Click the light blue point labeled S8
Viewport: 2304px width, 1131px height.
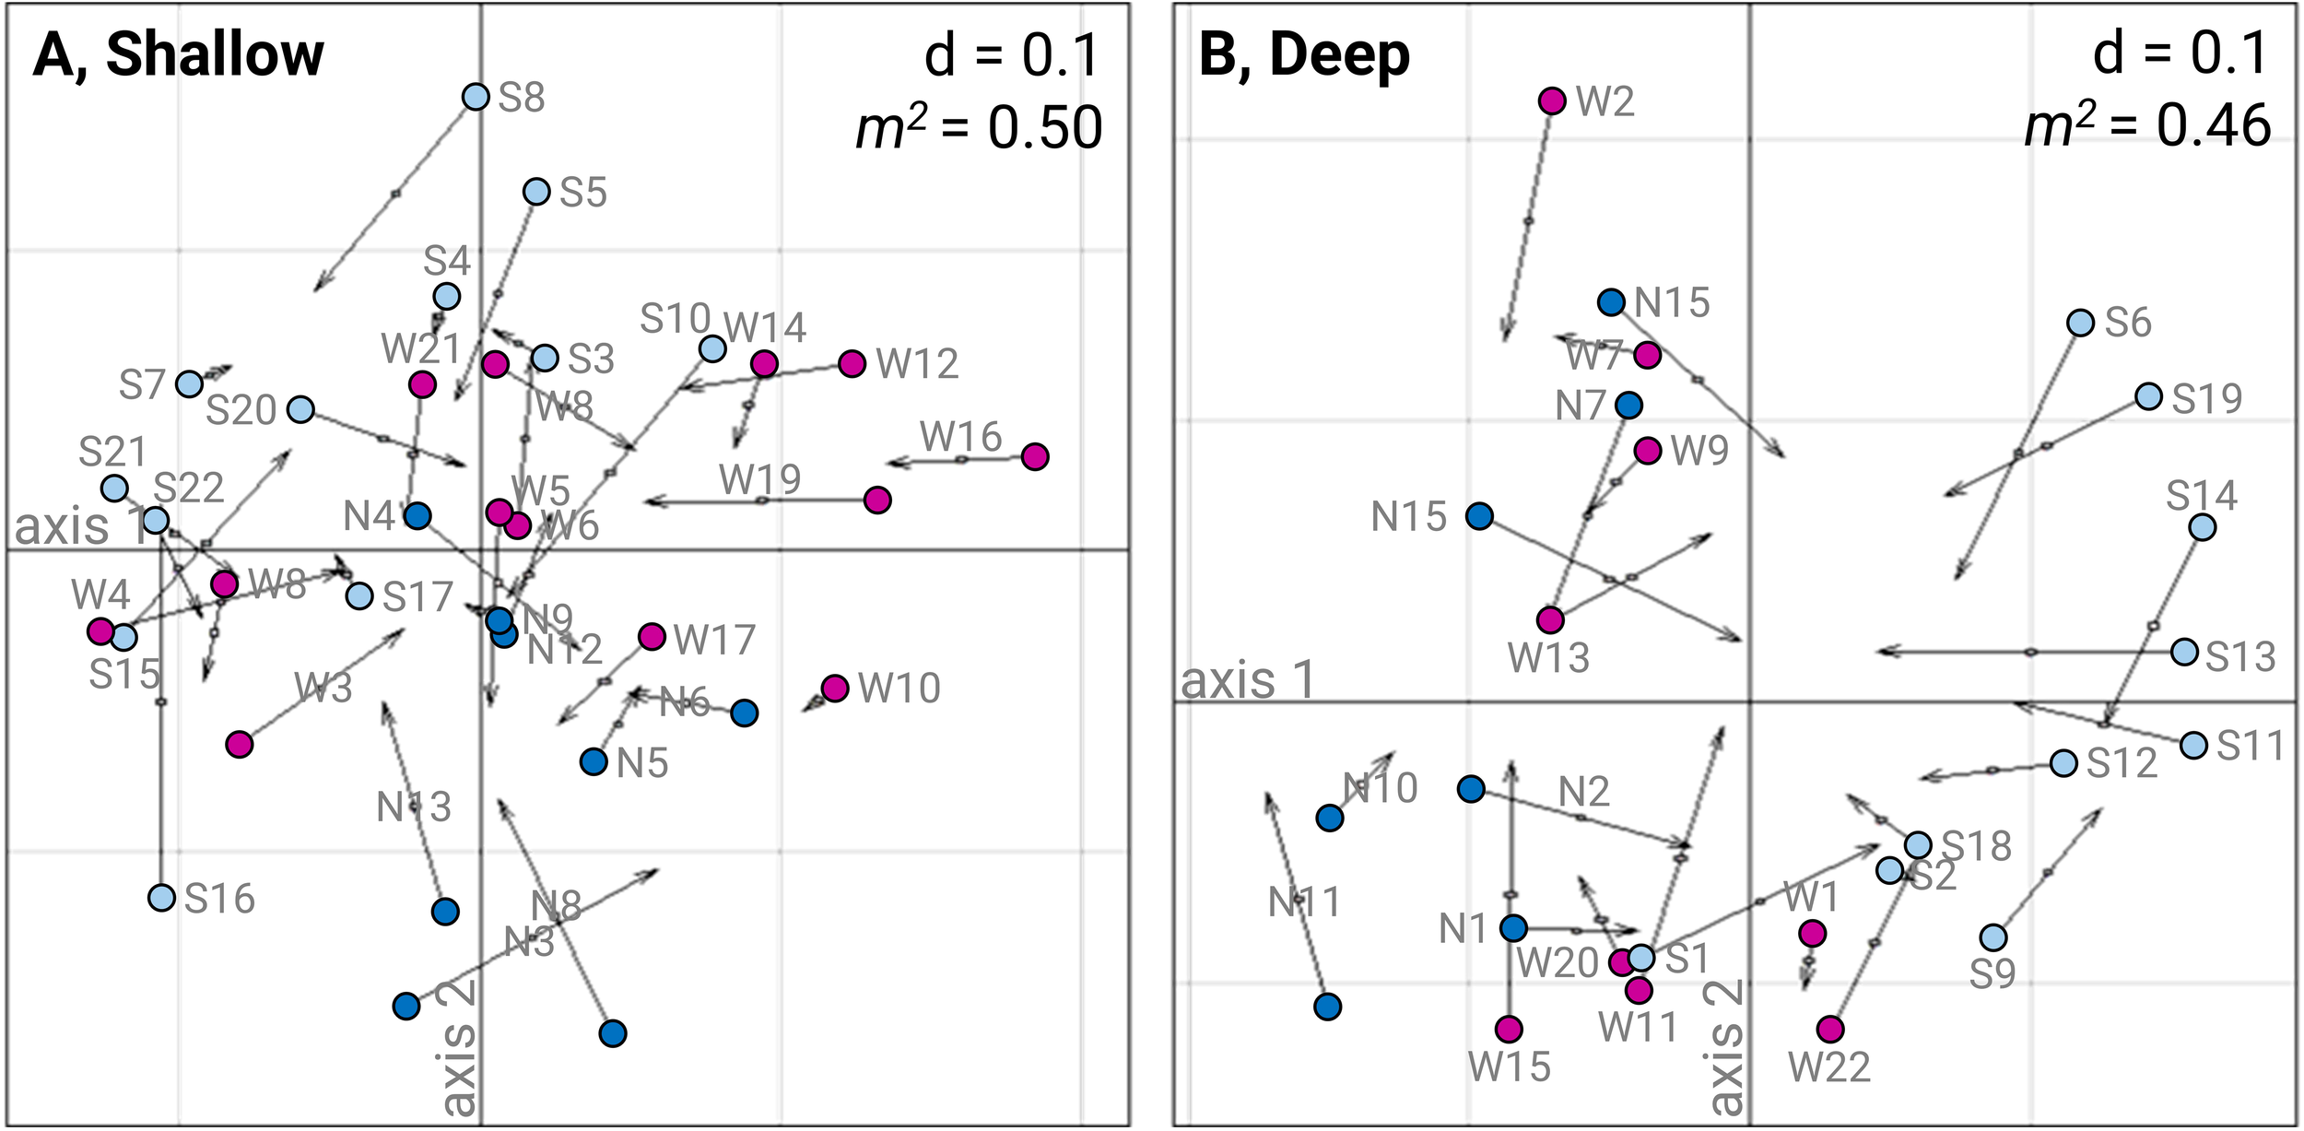(x=475, y=96)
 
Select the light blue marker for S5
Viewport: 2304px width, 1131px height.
(x=536, y=192)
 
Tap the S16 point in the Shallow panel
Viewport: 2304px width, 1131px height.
(x=162, y=897)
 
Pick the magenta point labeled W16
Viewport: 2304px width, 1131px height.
(x=1035, y=456)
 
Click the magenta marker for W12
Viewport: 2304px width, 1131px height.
(x=852, y=364)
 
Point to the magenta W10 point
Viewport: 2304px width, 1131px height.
(x=835, y=688)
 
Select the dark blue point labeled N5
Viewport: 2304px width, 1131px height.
(x=594, y=761)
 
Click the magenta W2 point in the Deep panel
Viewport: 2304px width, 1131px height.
(x=1552, y=100)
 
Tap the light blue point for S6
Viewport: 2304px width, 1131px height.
(x=2080, y=323)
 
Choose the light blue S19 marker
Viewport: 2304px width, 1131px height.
(x=2148, y=396)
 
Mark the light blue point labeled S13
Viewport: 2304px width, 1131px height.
(x=2183, y=652)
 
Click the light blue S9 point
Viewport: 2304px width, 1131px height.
(x=1993, y=937)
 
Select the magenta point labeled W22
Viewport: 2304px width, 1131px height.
(x=1830, y=1029)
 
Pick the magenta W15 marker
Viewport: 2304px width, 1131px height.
(x=1509, y=1029)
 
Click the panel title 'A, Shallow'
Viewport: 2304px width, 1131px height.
(x=179, y=55)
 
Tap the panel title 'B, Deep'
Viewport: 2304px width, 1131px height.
(x=1304, y=55)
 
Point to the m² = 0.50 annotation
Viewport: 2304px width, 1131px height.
(x=979, y=128)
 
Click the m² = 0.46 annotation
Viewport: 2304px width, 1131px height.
(x=2147, y=126)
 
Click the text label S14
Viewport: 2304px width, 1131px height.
(x=2201, y=497)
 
